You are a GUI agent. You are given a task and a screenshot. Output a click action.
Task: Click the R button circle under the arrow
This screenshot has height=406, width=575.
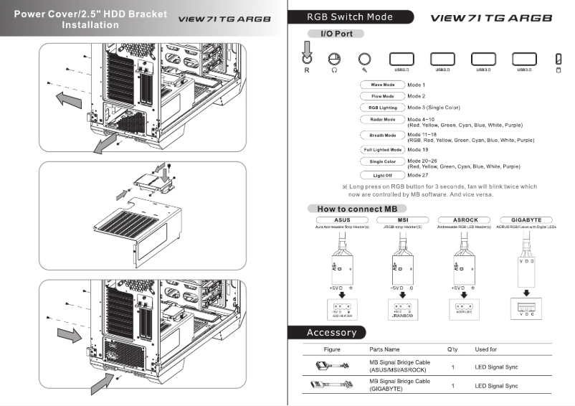pos(307,60)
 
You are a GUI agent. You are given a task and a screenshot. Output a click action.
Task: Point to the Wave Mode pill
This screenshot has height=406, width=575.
pos(382,85)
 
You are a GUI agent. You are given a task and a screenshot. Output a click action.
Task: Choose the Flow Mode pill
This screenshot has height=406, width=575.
pos(382,96)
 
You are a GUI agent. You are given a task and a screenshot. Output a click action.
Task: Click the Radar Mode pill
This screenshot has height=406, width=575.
pos(382,119)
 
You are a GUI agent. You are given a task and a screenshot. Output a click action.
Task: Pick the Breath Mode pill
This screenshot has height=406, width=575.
pos(382,135)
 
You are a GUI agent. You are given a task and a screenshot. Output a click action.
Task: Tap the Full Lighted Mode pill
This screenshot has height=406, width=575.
pos(382,150)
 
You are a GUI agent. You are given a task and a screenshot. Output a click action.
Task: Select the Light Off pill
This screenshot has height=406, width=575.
pos(382,175)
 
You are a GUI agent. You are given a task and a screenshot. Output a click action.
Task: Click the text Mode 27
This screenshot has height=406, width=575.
pos(419,175)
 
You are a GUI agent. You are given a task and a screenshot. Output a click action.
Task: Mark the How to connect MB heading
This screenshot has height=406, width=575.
pos(351,209)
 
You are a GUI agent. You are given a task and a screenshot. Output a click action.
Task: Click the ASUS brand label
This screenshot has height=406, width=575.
pos(342,219)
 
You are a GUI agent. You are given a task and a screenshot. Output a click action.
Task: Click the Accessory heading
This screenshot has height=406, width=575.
pos(331,333)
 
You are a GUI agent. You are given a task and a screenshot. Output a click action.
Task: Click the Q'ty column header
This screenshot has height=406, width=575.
pos(452,349)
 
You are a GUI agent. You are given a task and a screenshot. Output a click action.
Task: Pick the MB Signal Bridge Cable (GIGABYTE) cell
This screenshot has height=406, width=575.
pos(399,385)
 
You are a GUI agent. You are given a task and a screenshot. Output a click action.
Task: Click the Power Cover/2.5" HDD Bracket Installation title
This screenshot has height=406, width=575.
pos(90,19)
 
